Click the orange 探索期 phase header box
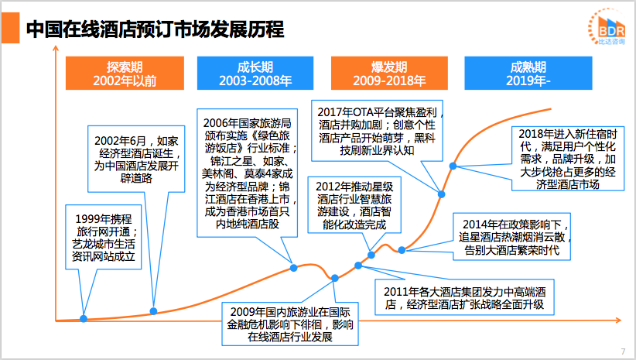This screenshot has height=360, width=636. coord(125,73)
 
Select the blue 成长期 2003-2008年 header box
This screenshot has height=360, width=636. coord(255,73)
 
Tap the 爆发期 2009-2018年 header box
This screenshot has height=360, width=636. coord(389,73)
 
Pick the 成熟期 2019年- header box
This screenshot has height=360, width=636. coord(528,73)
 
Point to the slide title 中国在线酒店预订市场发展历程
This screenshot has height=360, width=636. coord(155,29)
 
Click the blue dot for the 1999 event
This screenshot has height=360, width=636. coord(84,319)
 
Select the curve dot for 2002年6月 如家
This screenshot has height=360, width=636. coord(153,311)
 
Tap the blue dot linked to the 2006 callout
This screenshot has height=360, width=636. coord(294,268)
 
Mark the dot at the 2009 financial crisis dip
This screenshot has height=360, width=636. coord(334,278)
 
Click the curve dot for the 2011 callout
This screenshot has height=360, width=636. coord(358,266)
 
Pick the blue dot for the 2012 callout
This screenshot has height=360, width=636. coord(371,255)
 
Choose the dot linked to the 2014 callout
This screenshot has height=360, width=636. coord(402,250)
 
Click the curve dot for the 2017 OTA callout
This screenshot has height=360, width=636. coord(441,194)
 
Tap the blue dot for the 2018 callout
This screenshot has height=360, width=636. coord(453,166)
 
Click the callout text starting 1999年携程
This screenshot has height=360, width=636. coord(104,238)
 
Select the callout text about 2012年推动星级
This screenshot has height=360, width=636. coord(354,205)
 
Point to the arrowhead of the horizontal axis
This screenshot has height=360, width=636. coord(618,321)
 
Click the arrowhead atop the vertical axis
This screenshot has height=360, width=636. coord(56,49)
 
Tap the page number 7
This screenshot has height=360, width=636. coord(623,351)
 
